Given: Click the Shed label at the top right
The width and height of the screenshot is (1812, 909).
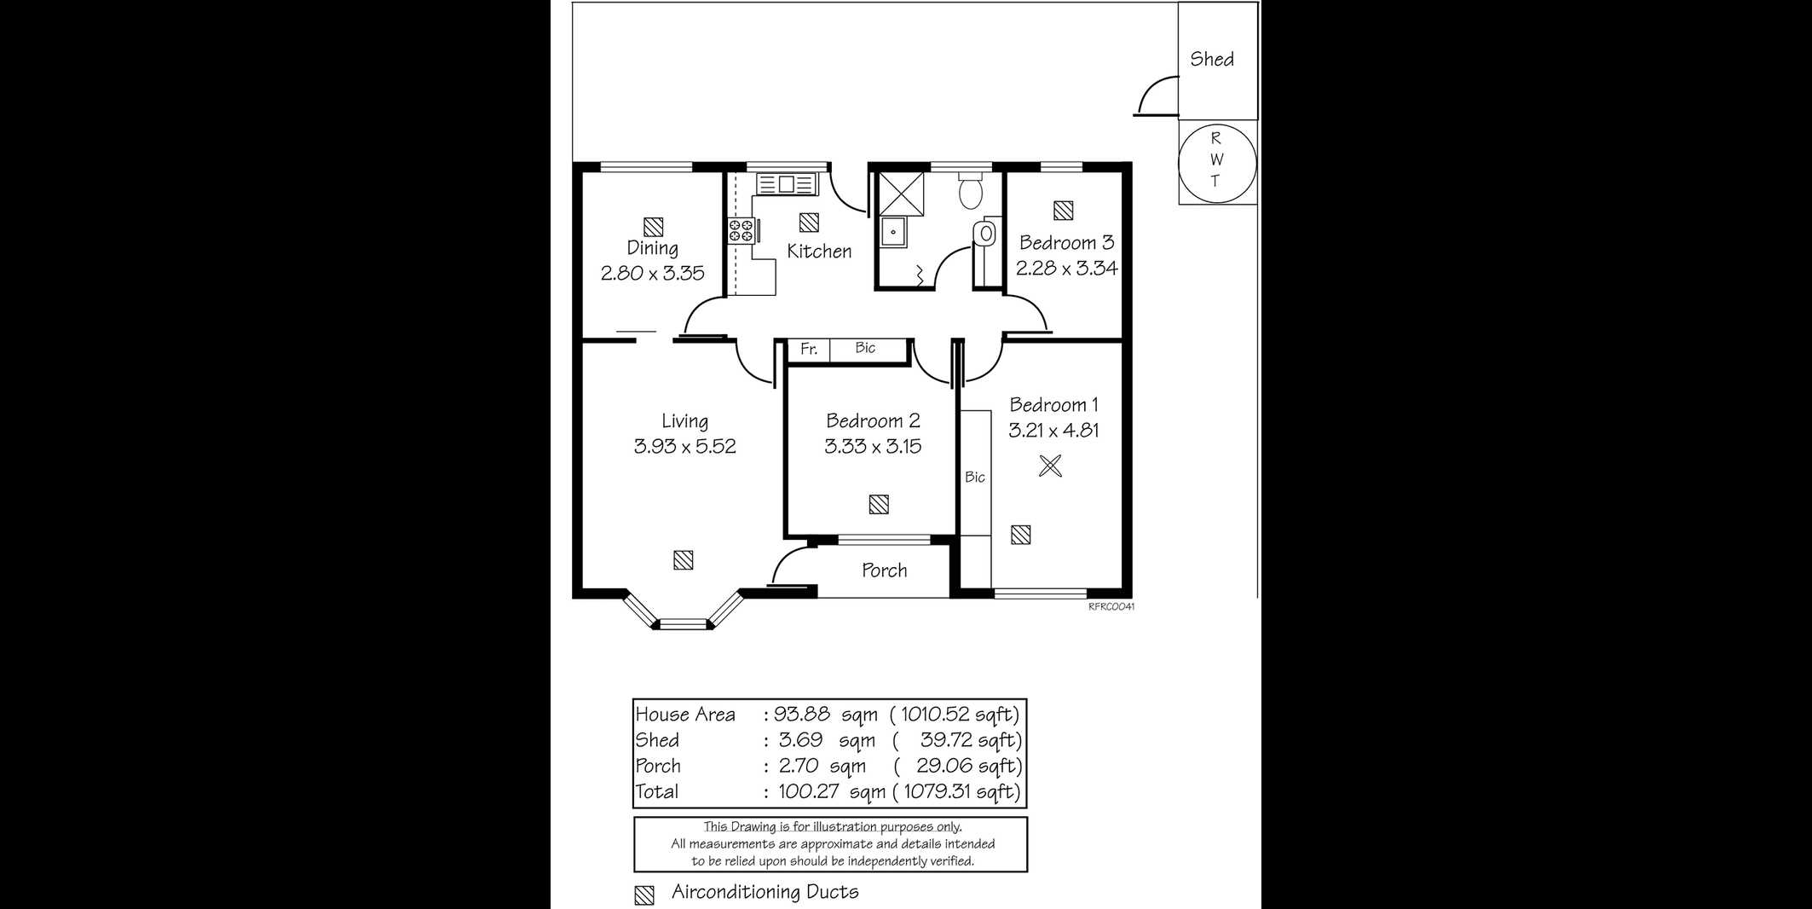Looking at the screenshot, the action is [x=1212, y=59].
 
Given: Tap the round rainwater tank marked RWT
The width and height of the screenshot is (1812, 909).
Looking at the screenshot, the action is [x=1216, y=161].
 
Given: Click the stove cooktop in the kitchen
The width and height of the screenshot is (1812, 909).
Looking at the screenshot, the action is [x=741, y=230].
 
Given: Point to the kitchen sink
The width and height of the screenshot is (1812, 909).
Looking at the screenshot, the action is [x=787, y=183].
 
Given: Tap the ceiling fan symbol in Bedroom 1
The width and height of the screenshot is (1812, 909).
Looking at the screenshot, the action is [x=1051, y=466].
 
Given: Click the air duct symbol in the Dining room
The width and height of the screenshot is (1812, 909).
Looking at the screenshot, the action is [x=653, y=227].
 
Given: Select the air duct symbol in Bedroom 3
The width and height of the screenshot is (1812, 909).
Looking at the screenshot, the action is [x=1063, y=211].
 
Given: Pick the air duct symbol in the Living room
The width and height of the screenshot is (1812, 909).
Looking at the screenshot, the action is [x=683, y=560].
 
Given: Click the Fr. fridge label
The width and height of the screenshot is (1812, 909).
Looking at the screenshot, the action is [x=809, y=349].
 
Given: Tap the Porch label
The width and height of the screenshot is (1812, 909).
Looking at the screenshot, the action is [x=884, y=570].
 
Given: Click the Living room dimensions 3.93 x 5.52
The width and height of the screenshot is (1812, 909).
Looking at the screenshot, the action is [x=684, y=446].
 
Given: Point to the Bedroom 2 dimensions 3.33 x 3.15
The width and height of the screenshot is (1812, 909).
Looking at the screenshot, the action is [x=873, y=446].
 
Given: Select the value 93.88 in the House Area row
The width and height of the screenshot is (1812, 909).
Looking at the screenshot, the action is [x=801, y=714].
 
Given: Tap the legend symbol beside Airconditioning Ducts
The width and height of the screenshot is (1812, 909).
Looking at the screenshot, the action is [x=644, y=895].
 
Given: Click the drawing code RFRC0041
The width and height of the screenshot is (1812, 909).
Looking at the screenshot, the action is [x=1111, y=607].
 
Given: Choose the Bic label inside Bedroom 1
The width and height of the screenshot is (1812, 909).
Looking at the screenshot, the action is [x=975, y=477].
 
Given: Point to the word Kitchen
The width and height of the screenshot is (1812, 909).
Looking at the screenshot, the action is [x=819, y=251].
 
